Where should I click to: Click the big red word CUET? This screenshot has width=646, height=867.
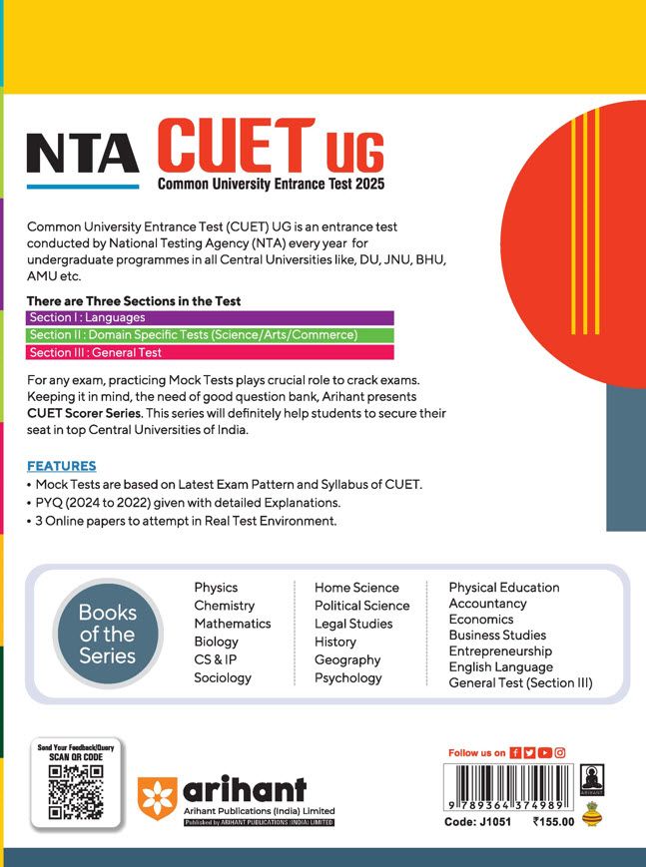click(x=236, y=146)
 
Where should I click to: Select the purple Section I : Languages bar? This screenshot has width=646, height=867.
click(x=211, y=318)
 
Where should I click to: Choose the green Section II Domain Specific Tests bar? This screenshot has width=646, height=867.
click(x=211, y=335)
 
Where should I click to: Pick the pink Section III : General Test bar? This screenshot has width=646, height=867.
click(x=211, y=352)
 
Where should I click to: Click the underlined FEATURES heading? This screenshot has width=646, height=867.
click(x=61, y=466)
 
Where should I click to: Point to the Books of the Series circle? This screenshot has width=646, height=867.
click(x=107, y=636)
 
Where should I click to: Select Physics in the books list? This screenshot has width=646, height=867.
click(x=216, y=588)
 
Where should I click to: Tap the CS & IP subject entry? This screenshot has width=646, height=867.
click(x=216, y=659)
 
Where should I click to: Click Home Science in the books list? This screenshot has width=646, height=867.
click(x=356, y=588)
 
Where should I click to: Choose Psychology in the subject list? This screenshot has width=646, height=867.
click(x=348, y=677)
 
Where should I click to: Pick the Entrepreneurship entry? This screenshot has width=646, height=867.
click(x=500, y=650)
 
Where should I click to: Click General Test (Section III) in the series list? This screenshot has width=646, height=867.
click(x=520, y=682)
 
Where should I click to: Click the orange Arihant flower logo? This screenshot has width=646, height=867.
click(x=158, y=795)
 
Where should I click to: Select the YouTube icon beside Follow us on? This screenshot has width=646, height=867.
click(x=544, y=752)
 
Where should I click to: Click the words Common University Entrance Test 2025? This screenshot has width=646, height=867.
click(x=270, y=184)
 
